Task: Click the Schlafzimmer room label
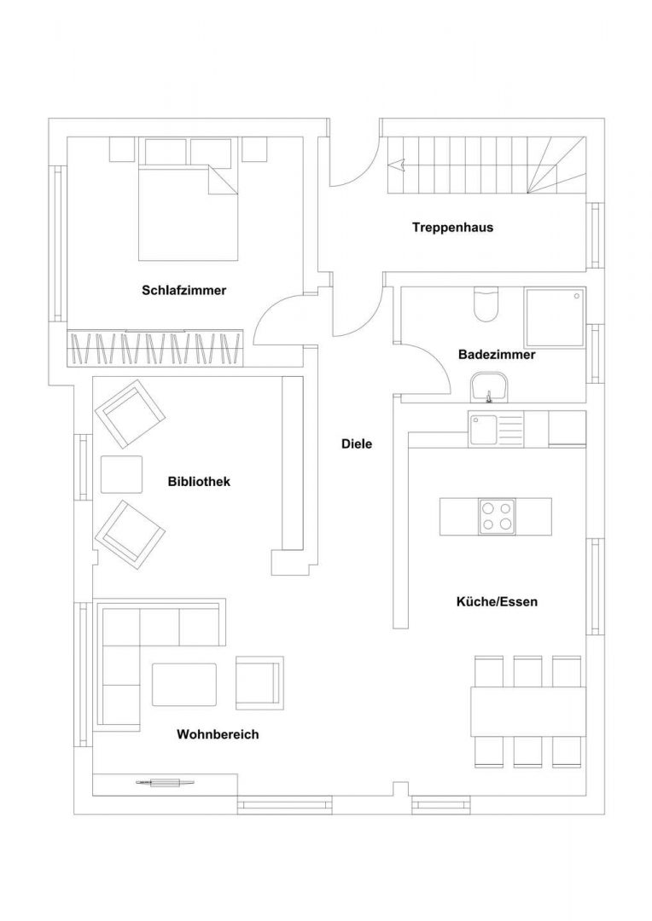(184, 290)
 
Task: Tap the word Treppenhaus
(452, 228)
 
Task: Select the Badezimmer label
(497, 355)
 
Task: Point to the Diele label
(357, 444)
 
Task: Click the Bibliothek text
(200, 482)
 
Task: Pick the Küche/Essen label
(497, 601)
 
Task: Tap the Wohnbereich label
(218, 735)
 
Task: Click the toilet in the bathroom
(486, 304)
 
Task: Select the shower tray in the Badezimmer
(555, 316)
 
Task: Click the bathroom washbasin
(489, 387)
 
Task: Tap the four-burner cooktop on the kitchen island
(497, 516)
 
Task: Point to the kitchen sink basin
(483, 429)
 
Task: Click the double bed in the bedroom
(188, 212)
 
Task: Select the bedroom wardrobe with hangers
(156, 348)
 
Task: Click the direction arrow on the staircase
(399, 165)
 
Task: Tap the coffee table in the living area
(184, 684)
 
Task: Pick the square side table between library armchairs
(122, 475)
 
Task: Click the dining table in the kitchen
(528, 712)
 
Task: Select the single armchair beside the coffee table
(259, 682)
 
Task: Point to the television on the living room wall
(166, 782)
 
